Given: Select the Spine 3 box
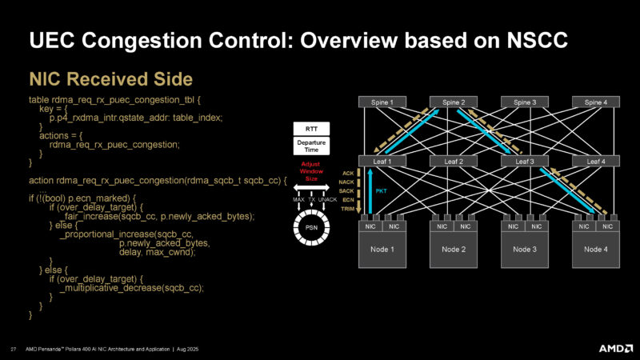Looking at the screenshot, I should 525,102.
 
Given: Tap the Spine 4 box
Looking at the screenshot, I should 595,102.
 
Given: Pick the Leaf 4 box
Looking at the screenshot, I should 595,161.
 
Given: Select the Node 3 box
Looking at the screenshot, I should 525,250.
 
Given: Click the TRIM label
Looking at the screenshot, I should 347,208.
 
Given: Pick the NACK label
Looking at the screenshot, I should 346,182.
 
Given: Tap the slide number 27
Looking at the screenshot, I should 14,348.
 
